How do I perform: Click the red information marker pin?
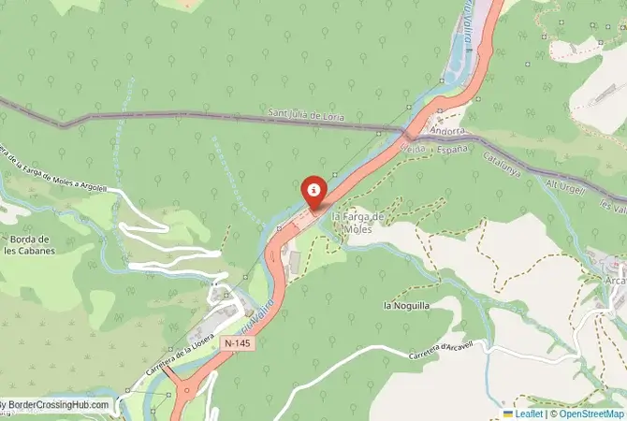314,192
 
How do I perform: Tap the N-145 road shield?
238,344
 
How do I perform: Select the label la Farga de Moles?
357,223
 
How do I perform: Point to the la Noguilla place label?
406,306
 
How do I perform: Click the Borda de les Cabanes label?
27,244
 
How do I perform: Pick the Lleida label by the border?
412,148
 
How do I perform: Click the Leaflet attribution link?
529,413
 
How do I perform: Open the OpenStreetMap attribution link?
587,413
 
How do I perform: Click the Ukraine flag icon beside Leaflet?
508,413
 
